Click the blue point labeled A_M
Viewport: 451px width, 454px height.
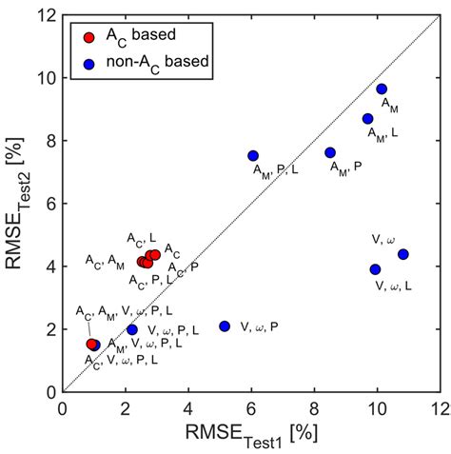[382, 89]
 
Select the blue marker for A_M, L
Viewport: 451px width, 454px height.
[368, 119]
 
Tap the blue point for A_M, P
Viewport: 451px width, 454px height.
[330, 152]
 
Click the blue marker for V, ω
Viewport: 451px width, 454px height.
[403, 254]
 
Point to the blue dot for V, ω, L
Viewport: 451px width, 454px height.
[375, 269]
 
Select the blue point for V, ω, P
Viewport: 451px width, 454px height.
[225, 326]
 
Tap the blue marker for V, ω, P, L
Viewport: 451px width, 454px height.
[132, 329]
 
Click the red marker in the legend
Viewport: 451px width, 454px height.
[88, 37]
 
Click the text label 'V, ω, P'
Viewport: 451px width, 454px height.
[260, 326]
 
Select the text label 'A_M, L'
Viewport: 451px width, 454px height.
[383, 133]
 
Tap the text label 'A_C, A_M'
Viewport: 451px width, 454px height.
[105, 260]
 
